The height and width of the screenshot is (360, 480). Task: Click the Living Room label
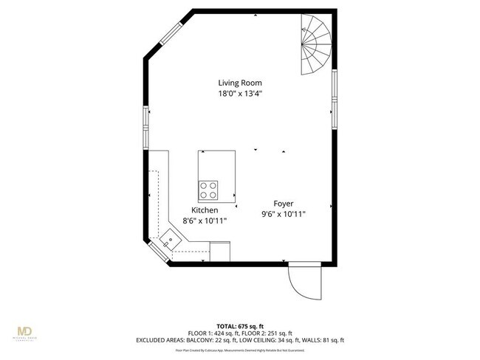239,83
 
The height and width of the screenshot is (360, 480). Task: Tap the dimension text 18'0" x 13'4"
239,94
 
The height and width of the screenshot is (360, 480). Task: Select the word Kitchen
205,210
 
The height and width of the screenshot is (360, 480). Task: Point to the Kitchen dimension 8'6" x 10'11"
205,221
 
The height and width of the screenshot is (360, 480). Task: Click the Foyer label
283,203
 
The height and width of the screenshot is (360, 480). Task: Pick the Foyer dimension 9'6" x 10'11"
283,214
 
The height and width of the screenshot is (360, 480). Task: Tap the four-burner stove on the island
209,190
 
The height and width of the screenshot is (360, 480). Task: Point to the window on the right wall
335,96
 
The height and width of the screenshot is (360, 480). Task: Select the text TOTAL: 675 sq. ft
240,325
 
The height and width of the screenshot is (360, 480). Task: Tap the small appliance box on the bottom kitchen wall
221,252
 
